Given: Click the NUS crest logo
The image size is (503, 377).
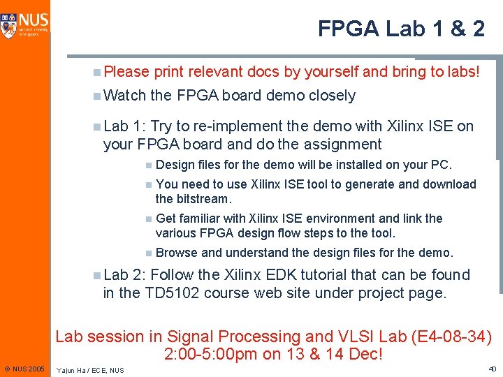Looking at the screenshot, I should pyautogui.click(x=10, y=23).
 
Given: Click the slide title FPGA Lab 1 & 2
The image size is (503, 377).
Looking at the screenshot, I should pyautogui.click(x=401, y=29).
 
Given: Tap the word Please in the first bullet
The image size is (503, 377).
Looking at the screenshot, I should pyautogui.click(x=126, y=71).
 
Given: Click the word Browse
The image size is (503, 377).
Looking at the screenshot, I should pyautogui.click(x=176, y=253).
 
